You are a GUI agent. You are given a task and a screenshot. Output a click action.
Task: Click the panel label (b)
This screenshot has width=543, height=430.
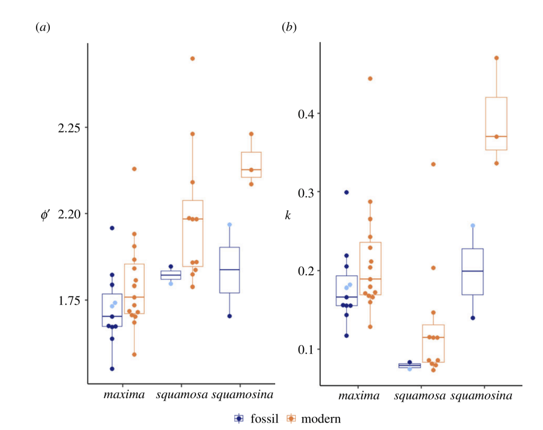[x=289, y=28]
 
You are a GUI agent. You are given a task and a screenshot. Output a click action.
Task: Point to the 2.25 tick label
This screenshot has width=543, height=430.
[x=69, y=128]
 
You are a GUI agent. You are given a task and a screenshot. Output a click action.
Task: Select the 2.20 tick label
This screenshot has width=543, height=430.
[x=69, y=214]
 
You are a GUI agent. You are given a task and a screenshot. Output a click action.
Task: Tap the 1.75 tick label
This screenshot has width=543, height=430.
[x=69, y=300]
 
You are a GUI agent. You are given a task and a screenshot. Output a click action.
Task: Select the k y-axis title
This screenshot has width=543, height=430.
[x=288, y=216]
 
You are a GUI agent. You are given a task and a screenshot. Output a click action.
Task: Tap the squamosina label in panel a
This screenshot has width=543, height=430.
[x=242, y=395]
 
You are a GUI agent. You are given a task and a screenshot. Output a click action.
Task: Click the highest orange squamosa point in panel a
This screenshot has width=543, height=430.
[x=192, y=58]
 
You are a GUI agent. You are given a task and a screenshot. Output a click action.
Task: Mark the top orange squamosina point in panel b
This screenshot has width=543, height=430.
[x=496, y=58]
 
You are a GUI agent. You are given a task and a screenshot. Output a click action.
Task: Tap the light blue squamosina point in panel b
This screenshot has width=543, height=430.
[x=473, y=226]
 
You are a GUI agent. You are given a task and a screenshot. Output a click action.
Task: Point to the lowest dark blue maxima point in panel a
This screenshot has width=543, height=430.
[x=112, y=368]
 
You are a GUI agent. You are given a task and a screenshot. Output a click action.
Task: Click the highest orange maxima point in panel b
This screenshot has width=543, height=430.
[x=370, y=78]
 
